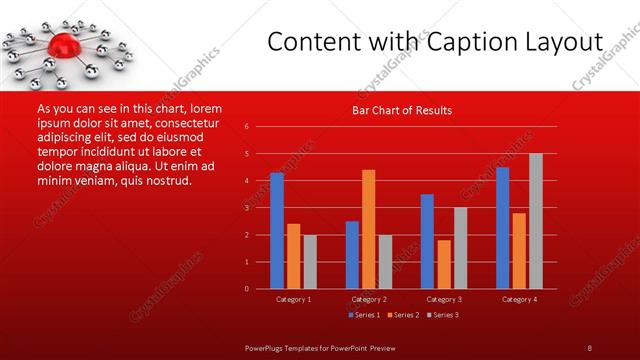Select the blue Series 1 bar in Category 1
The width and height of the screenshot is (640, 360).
[x=277, y=231]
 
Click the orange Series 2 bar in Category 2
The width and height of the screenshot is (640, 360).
[x=368, y=229]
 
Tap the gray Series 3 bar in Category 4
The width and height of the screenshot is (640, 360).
[x=536, y=221]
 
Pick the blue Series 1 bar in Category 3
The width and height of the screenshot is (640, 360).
[x=427, y=241]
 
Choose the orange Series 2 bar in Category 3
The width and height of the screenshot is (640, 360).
[x=444, y=264]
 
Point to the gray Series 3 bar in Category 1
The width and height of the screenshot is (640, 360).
[x=310, y=262]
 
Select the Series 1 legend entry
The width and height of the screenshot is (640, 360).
[x=366, y=315]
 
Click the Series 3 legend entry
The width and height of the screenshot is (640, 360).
[x=445, y=315]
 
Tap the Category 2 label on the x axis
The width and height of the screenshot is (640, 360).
[x=368, y=299]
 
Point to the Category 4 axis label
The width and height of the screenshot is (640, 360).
[x=519, y=299]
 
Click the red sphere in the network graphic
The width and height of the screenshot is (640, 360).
[x=65, y=44]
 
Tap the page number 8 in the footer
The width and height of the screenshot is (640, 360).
[x=589, y=347]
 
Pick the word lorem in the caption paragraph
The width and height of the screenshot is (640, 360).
[x=205, y=108]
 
